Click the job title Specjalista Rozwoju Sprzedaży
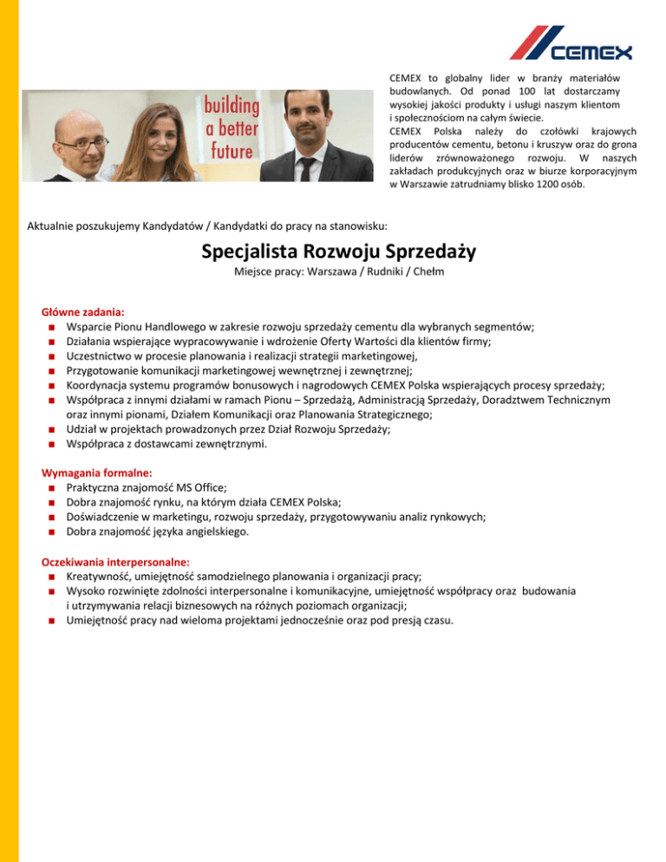[333, 252]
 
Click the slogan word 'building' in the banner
[231, 107]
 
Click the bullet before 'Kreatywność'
[54, 577]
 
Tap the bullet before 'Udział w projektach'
[54, 430]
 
